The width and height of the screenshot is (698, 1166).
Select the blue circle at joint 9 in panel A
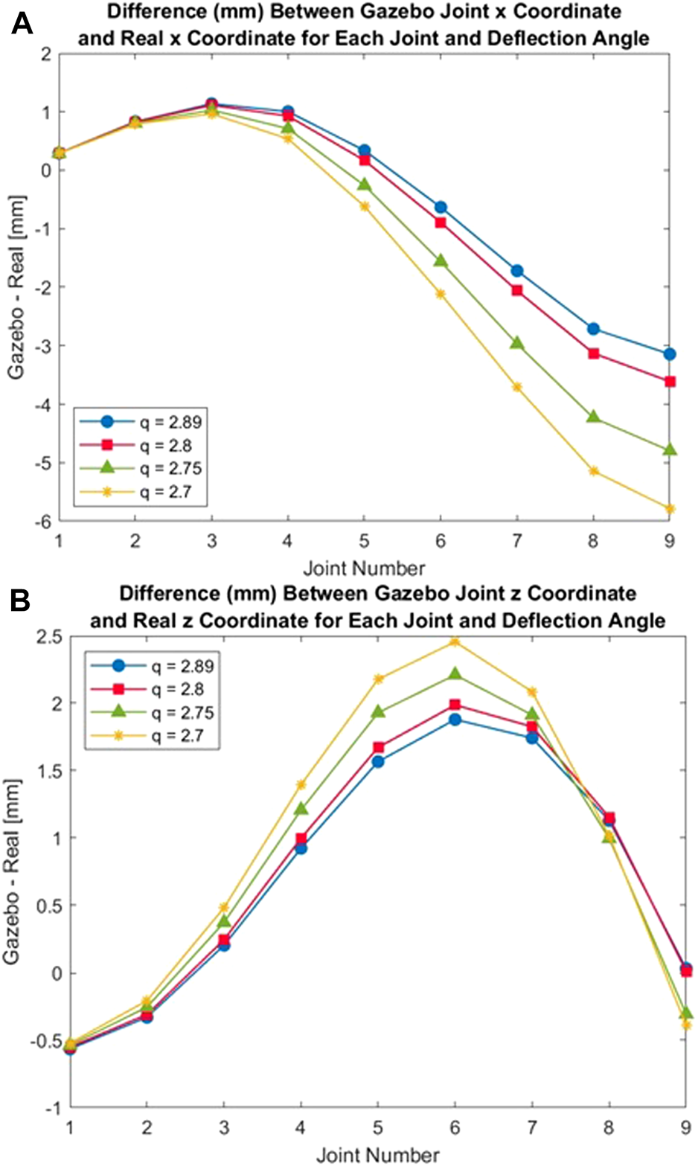pyautogui.click(x=670, y=354)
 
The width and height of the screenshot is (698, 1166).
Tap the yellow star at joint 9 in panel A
pyautogui.click(x=670, y=509)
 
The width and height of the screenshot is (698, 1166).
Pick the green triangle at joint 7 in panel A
pyautogui.click(x=516, y=343)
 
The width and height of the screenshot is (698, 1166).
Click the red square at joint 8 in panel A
pyautogui.click(x=593, y=353)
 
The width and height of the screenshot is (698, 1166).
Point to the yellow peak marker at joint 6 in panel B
pyautogui.click(x=455, y=641)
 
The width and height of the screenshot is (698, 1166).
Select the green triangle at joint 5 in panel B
pyautogui.click(x=378, y=711)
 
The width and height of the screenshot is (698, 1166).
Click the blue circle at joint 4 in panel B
pyautogui.click(x=301, y=848)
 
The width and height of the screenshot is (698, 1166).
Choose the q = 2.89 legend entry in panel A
pyautogui.click(x=141, y=422)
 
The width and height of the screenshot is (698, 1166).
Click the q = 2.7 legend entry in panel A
pyautogui.click(x=141, y=491)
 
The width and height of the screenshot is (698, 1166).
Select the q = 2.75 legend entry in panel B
pyautogui.click(x=153, y=713)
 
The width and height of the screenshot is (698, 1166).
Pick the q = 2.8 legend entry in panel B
pyautogui.click(x=153, y=690)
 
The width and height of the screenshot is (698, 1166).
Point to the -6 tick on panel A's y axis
pyautogui.click(x=44, y=522)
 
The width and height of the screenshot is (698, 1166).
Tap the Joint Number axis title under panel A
pyautogui.click(x=364, y=568)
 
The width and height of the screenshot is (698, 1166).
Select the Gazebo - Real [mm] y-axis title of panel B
pyautogui.click(x=13, y=871)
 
